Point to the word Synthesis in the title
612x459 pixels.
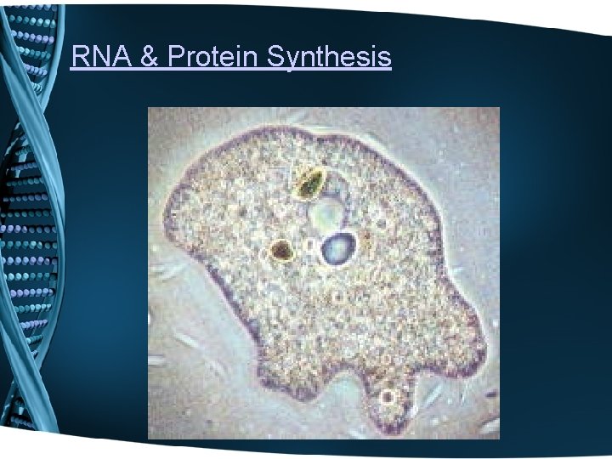coord(328,57)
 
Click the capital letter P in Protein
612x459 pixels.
coord(176,57)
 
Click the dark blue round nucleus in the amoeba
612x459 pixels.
coord(338,247)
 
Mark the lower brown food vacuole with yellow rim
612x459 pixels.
coord(281,250)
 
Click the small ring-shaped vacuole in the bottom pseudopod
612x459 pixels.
coord(388,396)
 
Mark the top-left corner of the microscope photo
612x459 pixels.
coord(149,108)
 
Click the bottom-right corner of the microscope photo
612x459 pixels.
coord(499,438)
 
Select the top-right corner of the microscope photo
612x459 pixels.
coord(499,108)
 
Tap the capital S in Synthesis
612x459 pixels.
coord(275,57)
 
